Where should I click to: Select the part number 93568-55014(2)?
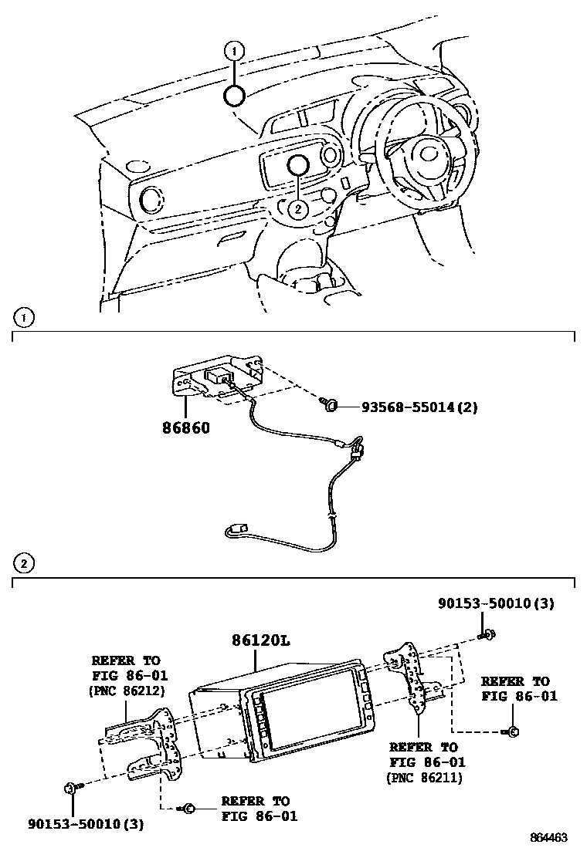point(419,407)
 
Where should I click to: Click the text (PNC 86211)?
point(423,778)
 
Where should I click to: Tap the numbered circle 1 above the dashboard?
point(234,51)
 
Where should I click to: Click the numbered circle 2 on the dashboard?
point(298,208)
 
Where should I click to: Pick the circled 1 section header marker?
point(24,317)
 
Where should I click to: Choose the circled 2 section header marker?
point(24,564)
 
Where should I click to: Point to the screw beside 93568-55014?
point(329,404)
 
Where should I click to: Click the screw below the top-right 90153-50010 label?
point(490,635)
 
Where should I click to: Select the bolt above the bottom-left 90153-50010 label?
point(71,788)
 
